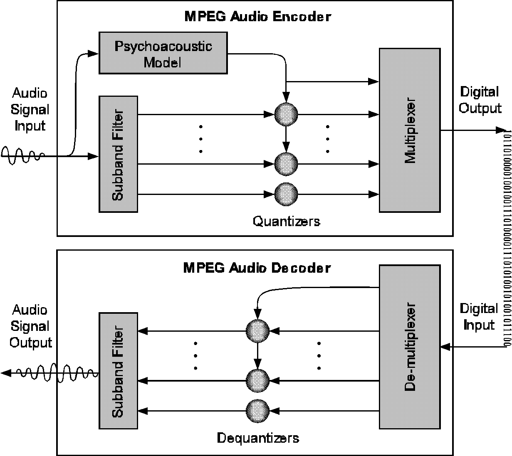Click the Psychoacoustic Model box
(163, 53)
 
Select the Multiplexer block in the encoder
(409, 130)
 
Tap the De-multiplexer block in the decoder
(409, 347)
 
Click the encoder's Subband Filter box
(118, 154)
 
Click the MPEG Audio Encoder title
(257, 17)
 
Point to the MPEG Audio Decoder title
(257, 267)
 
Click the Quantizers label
(287, 221)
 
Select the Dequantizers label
(258, 438)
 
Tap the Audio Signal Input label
(30, 109)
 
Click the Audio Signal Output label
(30, 326)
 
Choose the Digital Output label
(480, 100)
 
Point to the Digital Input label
(479, 317)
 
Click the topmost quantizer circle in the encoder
(286, 113)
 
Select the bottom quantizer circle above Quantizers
(286, 194)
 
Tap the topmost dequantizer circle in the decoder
(257, 331)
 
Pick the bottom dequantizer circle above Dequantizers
(257, 411)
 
